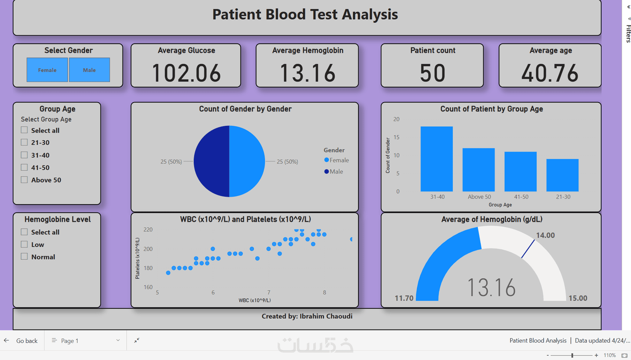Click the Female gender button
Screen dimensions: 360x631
(x=47, y=70)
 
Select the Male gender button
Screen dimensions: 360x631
(x=89, y=70)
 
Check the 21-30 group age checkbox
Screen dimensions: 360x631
(x=24, y=143)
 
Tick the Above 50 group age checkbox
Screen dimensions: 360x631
(x=24, y=180)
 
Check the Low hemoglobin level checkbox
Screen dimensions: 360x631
(x=24, y=245)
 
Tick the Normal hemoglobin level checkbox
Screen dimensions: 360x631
(x=24, y=257)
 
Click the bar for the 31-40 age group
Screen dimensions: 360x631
(x=437, y=160)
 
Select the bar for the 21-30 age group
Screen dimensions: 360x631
(x=562, y=176)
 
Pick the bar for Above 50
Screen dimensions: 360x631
(x=478, y=170)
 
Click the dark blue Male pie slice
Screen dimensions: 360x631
(x=212, y=161)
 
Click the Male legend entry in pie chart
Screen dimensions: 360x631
(x=334, y=172)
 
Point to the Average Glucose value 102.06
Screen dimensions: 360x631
(x=186, y=73)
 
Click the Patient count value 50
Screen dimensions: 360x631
(x=432, y=73)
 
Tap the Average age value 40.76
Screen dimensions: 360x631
(x=550, y=73)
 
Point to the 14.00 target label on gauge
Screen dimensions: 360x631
(x=545, y=235)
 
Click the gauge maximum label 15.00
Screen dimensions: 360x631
(x=578, y=298)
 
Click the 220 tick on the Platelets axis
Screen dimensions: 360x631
(x=148, y=230)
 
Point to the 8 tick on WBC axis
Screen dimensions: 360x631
(x=324, y=292)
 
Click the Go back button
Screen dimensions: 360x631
(x=22, y=341)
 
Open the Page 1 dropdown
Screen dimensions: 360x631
(x=85, y=341)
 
